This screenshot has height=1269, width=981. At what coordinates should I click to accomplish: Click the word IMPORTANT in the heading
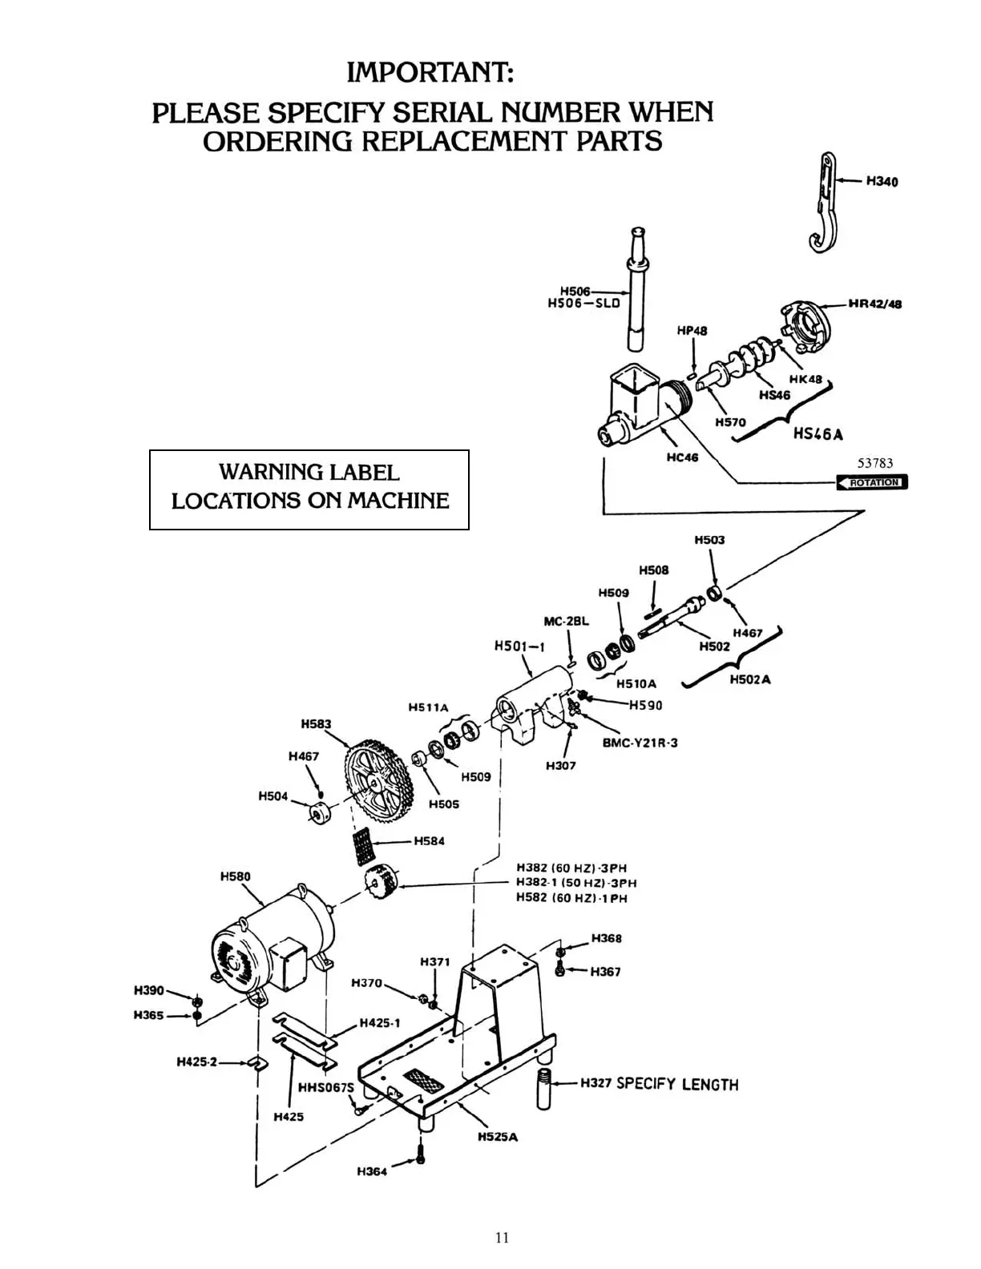click(430, 74)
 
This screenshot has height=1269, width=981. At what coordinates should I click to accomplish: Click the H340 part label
click(882, 181)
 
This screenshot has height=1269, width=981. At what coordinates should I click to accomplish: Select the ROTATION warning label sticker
click(872, 482)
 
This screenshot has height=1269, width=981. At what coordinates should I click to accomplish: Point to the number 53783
click(875, 463)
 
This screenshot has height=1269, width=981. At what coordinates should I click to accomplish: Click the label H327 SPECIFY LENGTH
click(659, 1085)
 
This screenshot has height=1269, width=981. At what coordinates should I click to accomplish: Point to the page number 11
click(502, 1238)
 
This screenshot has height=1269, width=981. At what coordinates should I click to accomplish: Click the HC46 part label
click(682, 457)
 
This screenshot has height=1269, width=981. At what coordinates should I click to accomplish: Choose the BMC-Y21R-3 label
click(640, 743)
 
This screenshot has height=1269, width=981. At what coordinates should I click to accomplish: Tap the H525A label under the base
click(497, 1137)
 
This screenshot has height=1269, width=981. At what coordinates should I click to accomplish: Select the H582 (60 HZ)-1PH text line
click(571, 898)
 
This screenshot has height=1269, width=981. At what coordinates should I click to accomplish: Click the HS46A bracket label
click(817, 434)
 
